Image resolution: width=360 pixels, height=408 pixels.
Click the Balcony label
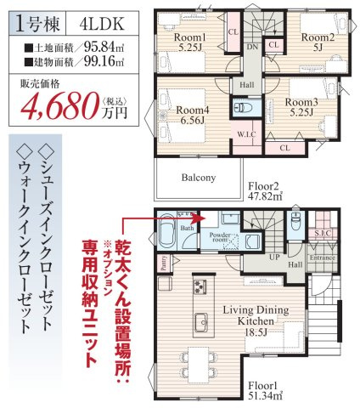tap(197, 178)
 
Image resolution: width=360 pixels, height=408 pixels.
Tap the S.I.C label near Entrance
tap(322, 231)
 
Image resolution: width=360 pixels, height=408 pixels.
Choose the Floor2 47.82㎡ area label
tap(265, 189)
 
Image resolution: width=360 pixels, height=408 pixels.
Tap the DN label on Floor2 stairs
tap(252, 48)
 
